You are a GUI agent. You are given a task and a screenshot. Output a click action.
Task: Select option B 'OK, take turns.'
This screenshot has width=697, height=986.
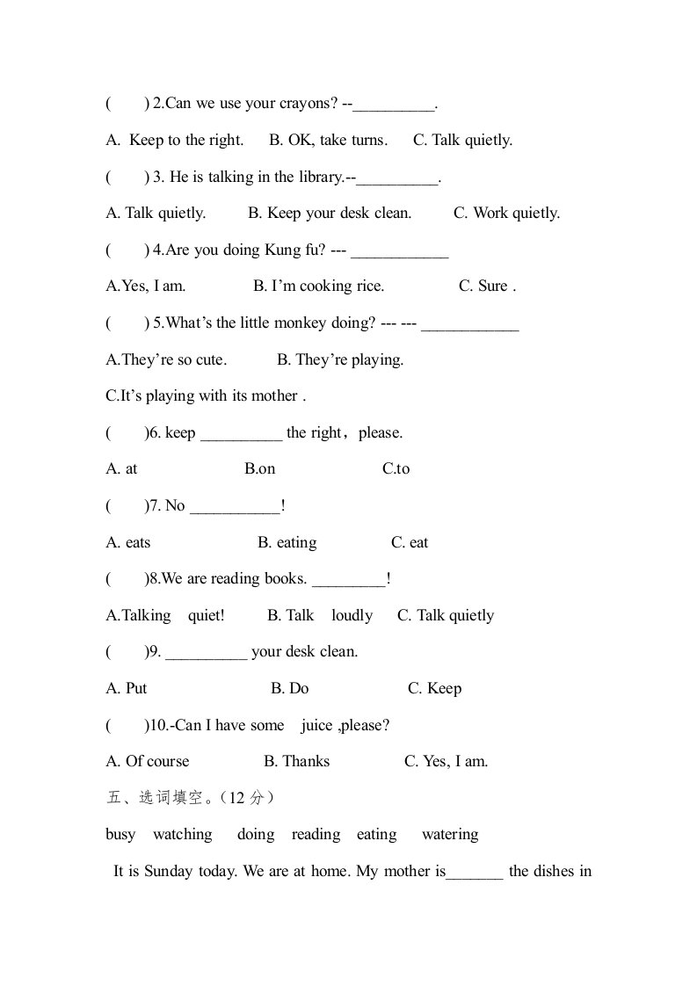click(328, 140)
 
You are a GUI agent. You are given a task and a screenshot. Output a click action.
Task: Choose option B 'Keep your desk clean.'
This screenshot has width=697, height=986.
click(330, 213)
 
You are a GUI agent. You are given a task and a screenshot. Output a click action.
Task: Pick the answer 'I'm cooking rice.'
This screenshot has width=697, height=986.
click(318, 286)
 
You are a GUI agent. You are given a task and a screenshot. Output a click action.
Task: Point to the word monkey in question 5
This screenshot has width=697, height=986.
click(300, 323)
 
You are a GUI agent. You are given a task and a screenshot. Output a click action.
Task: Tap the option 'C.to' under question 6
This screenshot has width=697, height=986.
click(396, 469)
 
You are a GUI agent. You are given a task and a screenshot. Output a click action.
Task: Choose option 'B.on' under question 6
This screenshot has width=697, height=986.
click(260, 469)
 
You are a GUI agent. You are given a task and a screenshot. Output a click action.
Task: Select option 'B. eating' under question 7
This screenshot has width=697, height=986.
click(287, 542)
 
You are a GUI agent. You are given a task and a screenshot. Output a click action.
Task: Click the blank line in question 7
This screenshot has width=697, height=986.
click(235, 506)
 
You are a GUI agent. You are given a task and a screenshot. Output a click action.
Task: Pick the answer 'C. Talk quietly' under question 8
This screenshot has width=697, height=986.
click(446, 615)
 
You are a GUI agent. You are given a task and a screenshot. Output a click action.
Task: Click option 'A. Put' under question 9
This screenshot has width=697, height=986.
click(127, 688)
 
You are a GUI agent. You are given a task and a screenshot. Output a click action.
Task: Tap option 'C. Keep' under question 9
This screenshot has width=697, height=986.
click(434, 688)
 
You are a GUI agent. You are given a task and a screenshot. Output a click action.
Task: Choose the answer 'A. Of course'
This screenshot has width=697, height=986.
click(148, 761)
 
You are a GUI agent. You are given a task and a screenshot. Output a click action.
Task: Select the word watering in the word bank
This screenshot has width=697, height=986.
click(450, 834)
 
